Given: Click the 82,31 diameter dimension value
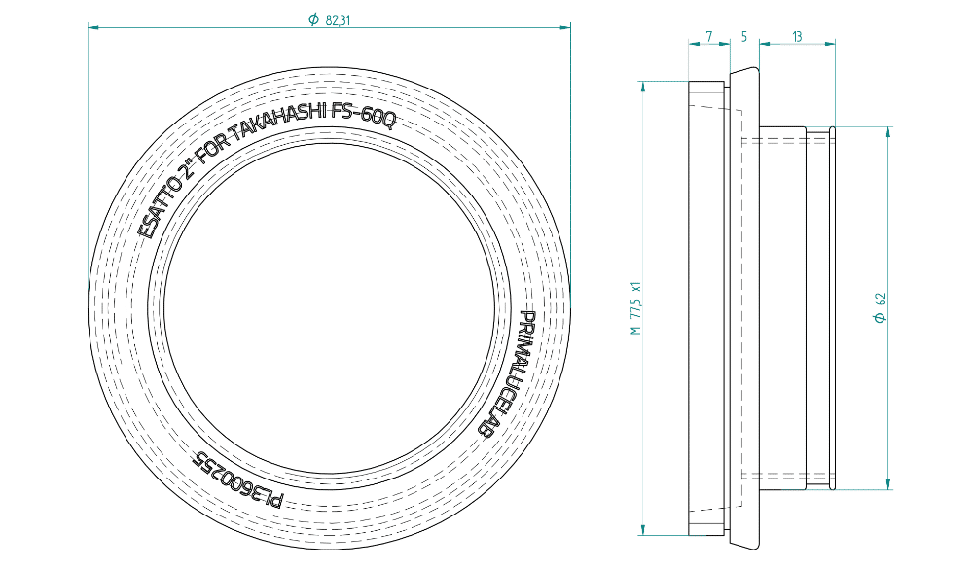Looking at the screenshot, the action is pyautogui.click(x=338, y=19).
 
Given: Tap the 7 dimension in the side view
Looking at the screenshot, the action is pyautogui.click(x=709, y=37).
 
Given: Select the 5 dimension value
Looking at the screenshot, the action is pyautogui.click(x=744, y=37).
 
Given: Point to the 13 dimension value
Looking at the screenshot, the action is pyautogui.click(x=797, y=37).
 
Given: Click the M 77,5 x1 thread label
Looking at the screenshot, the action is pyautogui.click(x=634, y=308).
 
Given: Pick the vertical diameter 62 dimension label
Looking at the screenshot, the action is pyautogui.click(x=880, y=307).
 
